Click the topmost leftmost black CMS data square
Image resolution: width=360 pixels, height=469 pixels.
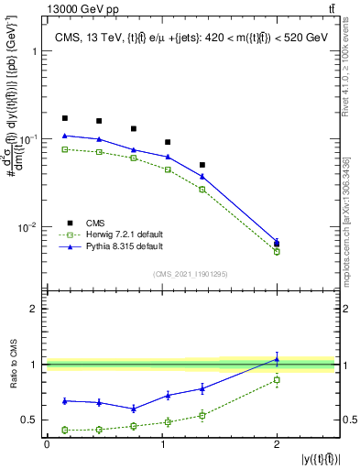point(64,118)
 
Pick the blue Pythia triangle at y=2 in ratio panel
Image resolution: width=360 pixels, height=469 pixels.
point(278,359)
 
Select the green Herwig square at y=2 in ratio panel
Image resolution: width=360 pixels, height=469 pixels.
point(278,379)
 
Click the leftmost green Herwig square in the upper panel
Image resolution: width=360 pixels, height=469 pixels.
point(64,148)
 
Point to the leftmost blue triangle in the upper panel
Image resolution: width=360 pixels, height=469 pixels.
point(64,136)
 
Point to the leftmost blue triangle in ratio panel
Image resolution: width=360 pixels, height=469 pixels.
point(64,400)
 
